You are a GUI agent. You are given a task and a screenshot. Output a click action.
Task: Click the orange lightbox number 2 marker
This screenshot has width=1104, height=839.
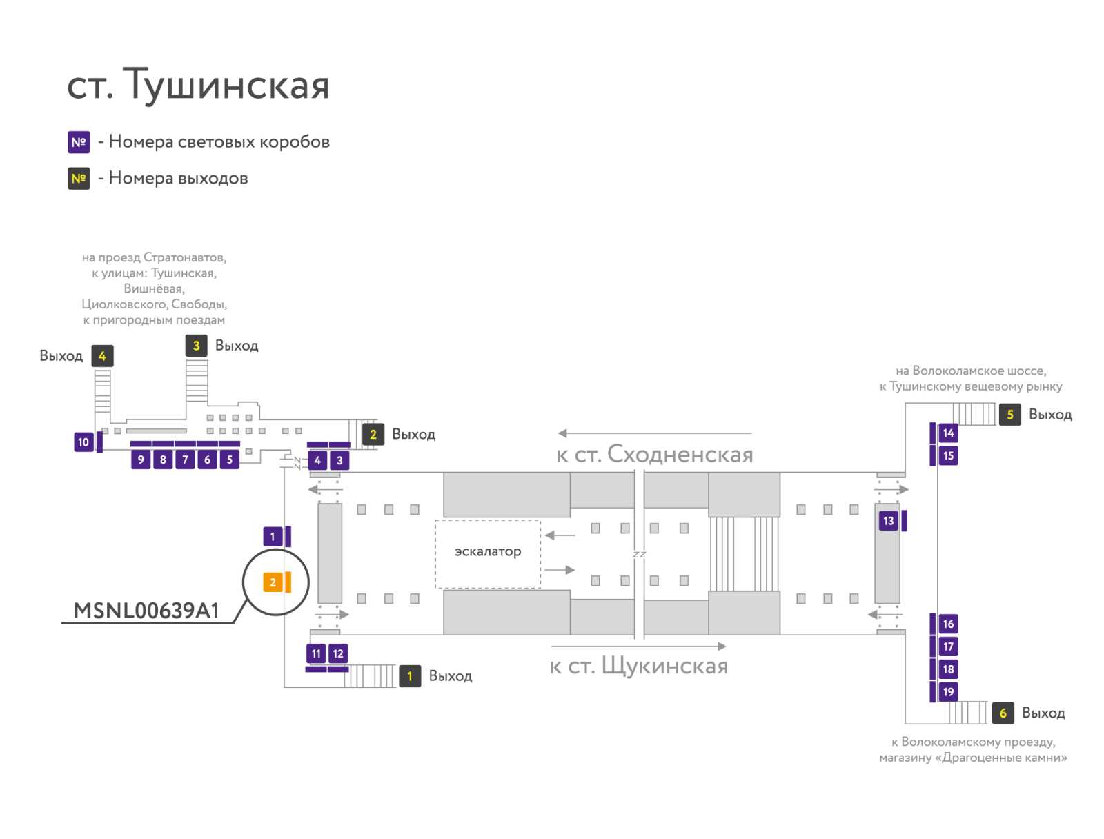[x=272, y=582]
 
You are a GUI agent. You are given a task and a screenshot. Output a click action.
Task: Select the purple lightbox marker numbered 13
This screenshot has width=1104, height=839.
[x=888, y=521]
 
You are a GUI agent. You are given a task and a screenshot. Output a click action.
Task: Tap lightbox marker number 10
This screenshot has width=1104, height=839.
[x=83, y=442]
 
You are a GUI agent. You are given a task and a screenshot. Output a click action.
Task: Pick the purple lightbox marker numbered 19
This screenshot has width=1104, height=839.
[x=948, y=692]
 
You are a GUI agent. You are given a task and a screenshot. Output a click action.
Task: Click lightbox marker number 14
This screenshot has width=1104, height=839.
[x=948, y=433]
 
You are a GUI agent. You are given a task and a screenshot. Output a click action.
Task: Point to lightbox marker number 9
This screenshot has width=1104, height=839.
[x=141, y=460]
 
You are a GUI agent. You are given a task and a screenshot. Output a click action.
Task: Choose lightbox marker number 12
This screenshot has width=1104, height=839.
[x=338, y=653]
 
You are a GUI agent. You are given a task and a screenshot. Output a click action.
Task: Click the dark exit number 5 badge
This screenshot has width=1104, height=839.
[x=1009, y=415]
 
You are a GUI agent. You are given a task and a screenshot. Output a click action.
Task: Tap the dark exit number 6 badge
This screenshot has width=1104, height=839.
[x=1003, y=713]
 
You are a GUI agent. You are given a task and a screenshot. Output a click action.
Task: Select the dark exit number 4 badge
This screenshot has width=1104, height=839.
[x=102, y=356]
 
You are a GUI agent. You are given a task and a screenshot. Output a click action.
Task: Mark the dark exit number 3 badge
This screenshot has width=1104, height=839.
[x=196, y=346]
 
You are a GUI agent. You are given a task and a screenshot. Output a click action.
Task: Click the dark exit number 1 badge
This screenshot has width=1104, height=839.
[x=410, y=676]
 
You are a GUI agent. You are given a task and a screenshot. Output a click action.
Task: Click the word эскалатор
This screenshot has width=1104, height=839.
[x=487, y=551]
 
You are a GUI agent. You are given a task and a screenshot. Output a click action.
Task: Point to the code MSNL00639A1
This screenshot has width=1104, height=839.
[x=146, y=611]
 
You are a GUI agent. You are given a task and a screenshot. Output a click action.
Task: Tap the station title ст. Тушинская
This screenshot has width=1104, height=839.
[x=198, y=84]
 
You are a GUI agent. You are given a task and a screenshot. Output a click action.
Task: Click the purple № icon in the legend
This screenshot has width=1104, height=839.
[x=79, y=142]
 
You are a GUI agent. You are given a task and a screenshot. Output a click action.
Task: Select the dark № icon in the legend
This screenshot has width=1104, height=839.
[x=79, y=179]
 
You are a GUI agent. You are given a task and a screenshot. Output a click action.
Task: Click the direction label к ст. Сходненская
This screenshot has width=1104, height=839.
[x=654, y=455]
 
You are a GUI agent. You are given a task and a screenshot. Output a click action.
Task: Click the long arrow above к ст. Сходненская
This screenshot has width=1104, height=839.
[x=655, y=433]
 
